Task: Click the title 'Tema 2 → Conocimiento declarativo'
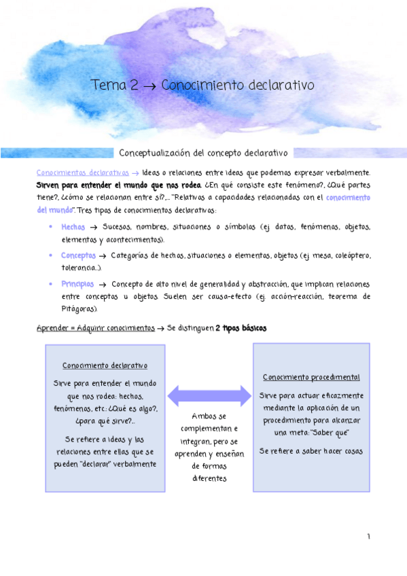pos(202,86)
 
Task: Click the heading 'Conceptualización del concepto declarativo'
pos(204,153)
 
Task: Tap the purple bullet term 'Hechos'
pos(73,227)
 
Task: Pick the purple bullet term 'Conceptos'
pos(78,255)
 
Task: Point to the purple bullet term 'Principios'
pos(77,284)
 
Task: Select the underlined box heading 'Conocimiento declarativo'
pos(105,365)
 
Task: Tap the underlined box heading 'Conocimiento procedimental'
pos(311,377)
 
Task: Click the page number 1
pos(369,537)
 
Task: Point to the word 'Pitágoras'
pos(79,309)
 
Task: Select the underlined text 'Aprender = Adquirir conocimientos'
pos(95,328)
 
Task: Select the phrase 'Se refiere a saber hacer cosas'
pos(311,450)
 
